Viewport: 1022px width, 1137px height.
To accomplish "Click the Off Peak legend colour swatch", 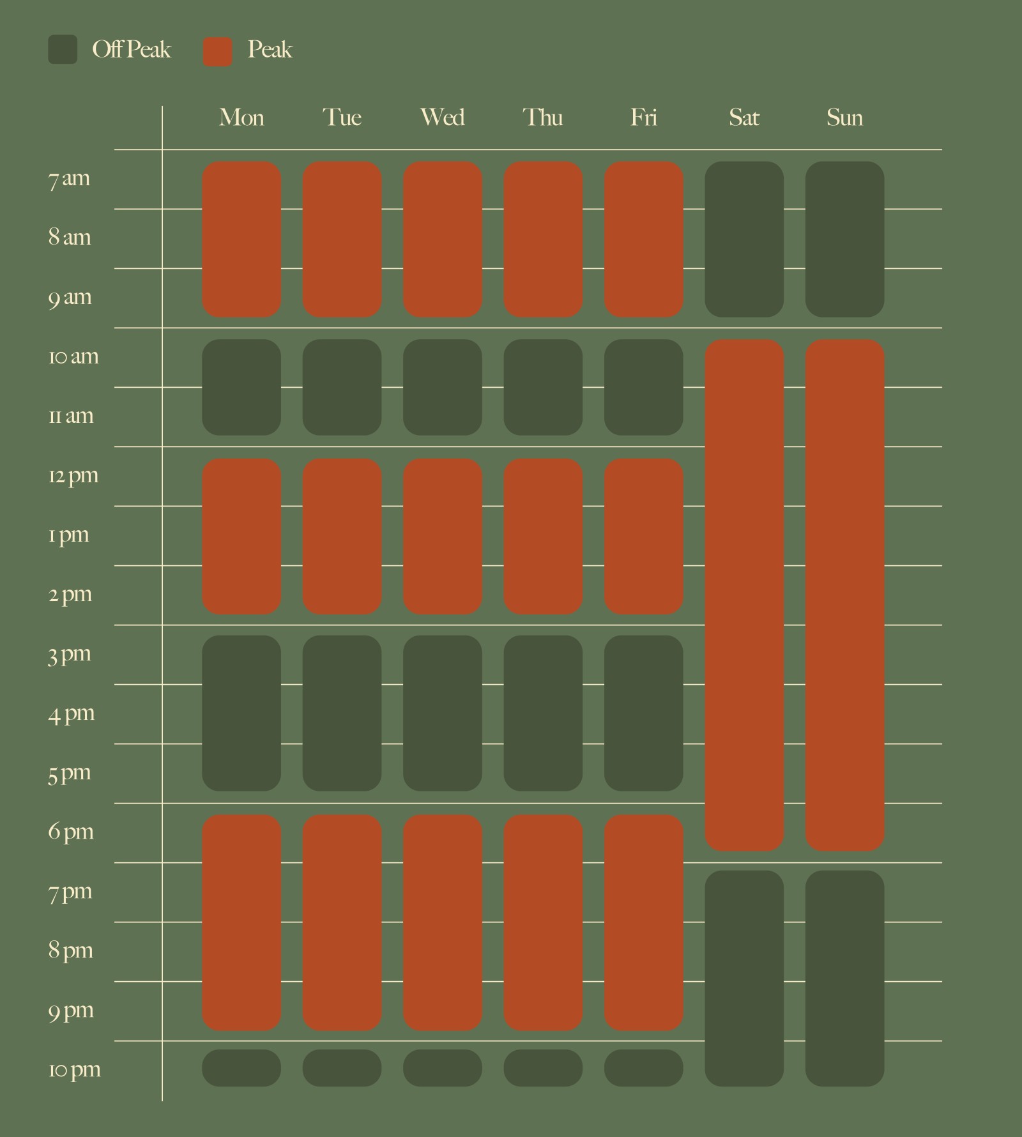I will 63,50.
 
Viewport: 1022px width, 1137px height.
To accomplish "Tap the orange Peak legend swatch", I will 218,52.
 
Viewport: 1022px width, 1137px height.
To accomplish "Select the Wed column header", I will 442,118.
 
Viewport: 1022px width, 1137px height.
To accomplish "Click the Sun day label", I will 844,118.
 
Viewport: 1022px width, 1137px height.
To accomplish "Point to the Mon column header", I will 241,118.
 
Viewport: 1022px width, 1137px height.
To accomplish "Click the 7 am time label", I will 69,179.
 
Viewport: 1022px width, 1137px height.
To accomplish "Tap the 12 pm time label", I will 73,476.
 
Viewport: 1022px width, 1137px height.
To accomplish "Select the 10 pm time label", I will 74,1070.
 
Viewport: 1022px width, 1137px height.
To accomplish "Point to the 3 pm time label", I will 70,655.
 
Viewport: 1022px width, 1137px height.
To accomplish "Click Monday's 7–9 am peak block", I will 241,239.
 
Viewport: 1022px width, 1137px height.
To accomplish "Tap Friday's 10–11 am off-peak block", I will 643,387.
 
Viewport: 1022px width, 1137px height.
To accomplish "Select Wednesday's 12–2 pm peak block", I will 442,537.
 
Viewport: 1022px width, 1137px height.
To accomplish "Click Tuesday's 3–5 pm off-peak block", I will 342,713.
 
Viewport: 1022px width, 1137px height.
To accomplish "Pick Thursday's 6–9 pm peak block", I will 543,922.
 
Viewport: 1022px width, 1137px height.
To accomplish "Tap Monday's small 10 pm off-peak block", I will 241,1068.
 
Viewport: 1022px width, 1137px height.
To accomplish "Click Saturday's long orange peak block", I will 744,595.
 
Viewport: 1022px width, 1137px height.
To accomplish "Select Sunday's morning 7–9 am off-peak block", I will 844,239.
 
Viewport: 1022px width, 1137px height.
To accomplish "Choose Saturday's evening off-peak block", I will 744,978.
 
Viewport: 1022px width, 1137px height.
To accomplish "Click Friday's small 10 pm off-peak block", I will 643,1068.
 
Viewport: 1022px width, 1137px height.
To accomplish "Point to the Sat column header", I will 744,118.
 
